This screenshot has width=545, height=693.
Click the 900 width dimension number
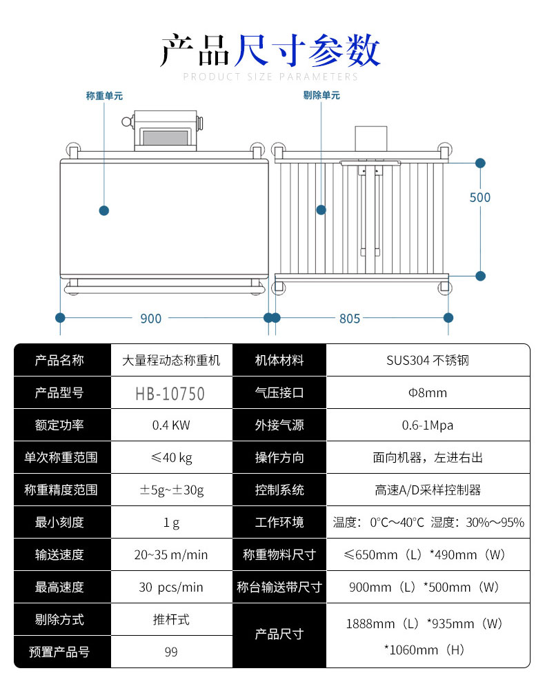click(x=150, y=319)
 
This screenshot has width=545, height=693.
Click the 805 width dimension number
click(x=350, y=319)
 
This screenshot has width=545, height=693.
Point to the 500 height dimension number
click(x=479, y=198)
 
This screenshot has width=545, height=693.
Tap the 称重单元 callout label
click(x=104, y=96)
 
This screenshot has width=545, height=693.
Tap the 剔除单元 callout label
click(x=321, y=95)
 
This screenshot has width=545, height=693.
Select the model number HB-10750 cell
click(x=170, y=394)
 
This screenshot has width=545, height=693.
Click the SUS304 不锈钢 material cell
click(x=428, y=361)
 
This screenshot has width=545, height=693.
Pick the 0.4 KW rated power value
click(x=171, y=425)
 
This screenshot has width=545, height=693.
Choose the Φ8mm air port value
click(x=428, y=393)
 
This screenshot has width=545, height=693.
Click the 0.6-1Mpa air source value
click(x=428, y=425)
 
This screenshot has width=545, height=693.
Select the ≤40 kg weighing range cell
click(x=171, y=458)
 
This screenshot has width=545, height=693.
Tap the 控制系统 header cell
click(x=279, y=490)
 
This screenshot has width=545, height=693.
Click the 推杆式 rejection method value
click(x=171, y=619)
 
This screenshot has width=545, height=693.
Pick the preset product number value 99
click(x=171, y=652)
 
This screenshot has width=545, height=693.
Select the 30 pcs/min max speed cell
click(x=171, y=587)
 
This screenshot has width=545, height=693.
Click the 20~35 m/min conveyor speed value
click(x=171, y=555)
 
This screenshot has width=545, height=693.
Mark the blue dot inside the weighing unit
click(x=104, y=210)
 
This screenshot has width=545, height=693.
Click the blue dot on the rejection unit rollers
click(x=321, y=209)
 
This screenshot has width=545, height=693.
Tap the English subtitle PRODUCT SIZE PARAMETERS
click(x=271, y=77)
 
